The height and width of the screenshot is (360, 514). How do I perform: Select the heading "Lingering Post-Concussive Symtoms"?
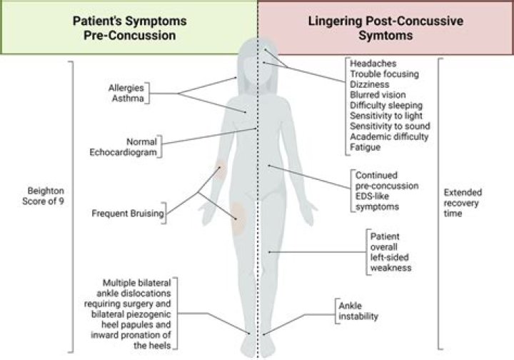385,27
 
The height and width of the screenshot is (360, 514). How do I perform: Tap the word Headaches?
372,63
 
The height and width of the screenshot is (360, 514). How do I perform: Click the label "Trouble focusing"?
384,74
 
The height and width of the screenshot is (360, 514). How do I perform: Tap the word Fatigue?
366,147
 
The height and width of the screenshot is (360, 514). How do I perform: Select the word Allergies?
126,88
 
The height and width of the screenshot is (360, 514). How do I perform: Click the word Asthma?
128,99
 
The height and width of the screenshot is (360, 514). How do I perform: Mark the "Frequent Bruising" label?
128,213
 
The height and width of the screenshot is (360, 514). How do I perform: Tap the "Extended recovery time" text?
463,203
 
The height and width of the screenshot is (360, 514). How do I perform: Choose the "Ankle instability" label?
358,311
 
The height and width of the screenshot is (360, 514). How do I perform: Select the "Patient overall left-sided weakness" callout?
390,251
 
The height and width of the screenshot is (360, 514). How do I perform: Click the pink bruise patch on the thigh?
237,209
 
